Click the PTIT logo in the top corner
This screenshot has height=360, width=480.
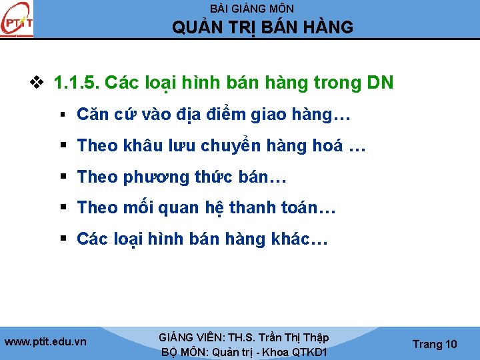click(17, 21)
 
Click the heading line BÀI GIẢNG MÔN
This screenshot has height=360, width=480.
click(252, 9)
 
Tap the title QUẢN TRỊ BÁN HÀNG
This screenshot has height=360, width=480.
click(263, 27)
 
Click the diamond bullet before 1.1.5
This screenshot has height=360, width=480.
click(37, 83)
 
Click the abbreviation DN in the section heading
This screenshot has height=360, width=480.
click(380, 83)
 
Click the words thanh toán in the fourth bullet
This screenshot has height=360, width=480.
click(273, 208)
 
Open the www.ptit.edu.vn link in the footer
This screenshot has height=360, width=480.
click(45, 341)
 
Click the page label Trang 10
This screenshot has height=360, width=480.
click(435, 344)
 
